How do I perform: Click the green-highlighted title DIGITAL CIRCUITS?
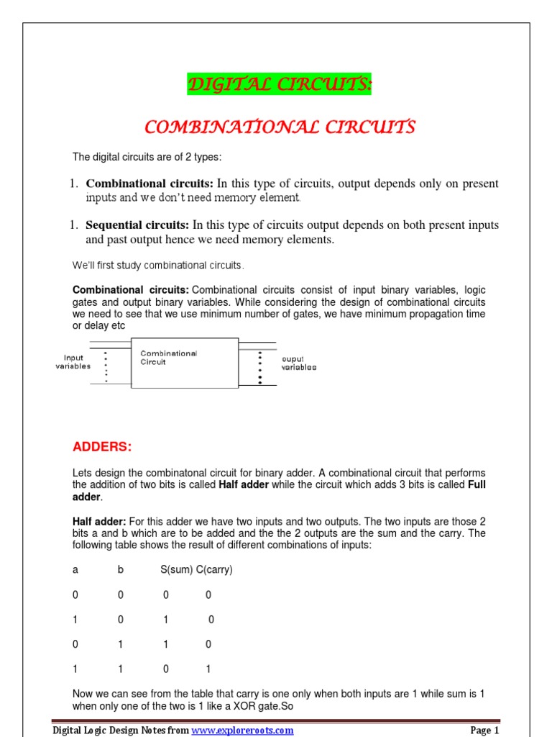click(x=280, y=86)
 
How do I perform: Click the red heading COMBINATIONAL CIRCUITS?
click(x=280, y=128)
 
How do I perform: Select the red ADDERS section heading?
click(x=102, y=447)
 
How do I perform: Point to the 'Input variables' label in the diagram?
click(x=73, y=362)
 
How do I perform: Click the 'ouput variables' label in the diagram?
click(x=298, y=363)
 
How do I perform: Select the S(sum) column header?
click(x=176, y=569)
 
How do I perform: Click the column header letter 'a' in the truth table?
click(x=75, y=569)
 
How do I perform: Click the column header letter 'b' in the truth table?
click(x=121, y=569)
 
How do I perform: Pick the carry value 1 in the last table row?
click(x=208, y=669)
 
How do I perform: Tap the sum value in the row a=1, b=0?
click(x=166, y=619)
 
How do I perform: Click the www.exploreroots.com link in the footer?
click(x=242, y=731)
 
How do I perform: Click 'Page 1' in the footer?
click(x=484, y=731)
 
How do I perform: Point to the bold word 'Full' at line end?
click(x=477, y=485)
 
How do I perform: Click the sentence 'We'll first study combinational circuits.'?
click(x=158, y=266)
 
